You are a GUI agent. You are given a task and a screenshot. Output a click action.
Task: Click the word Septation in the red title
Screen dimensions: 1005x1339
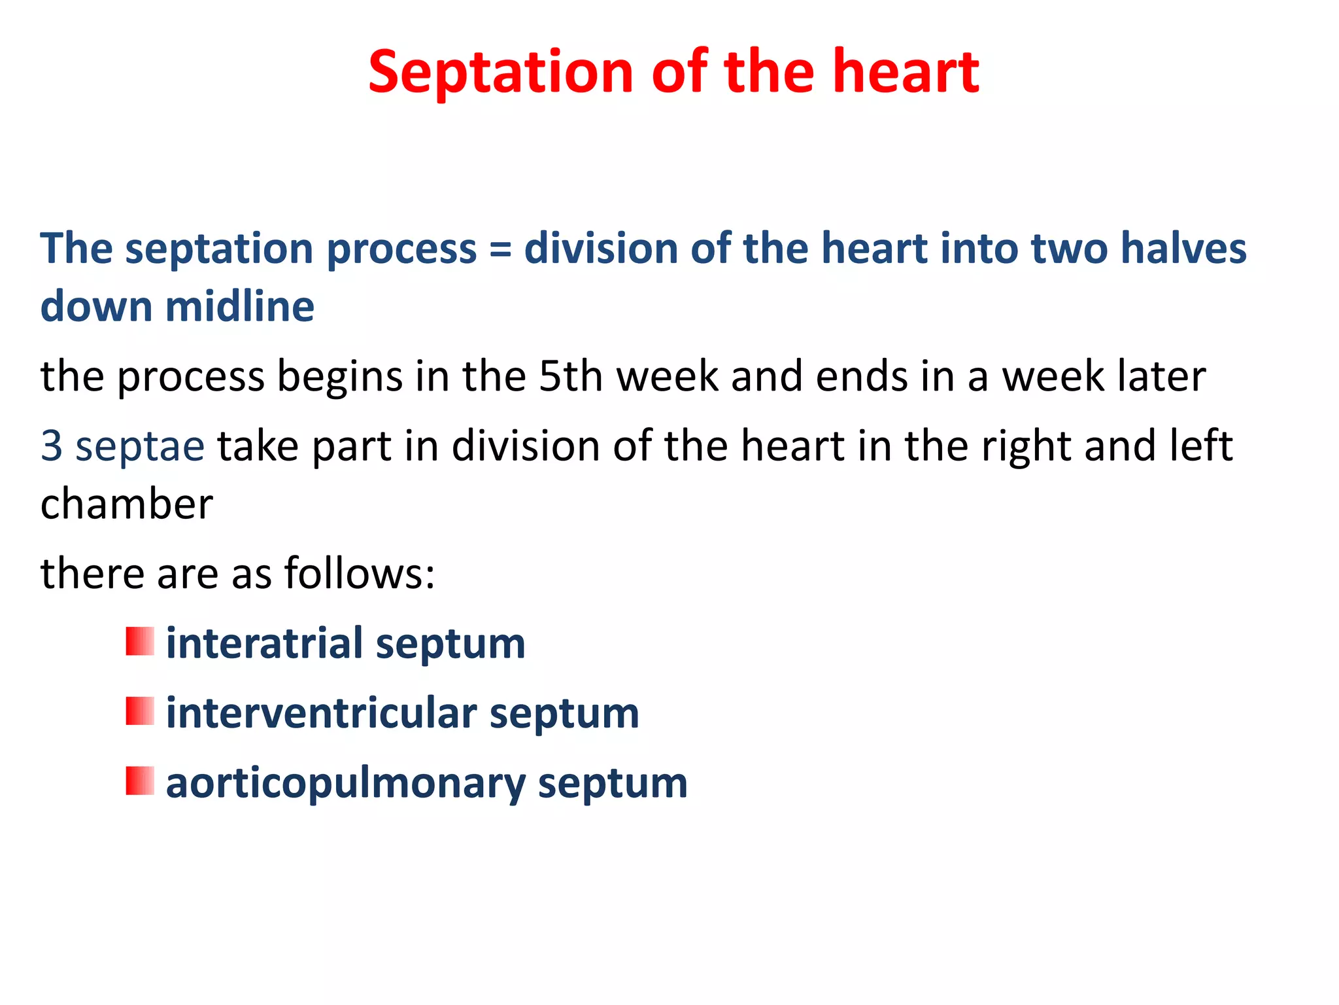[500, 73]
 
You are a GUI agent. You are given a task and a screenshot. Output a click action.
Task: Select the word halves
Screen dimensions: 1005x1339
[1183, 249]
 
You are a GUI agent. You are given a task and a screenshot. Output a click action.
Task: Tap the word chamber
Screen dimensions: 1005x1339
[127, 504]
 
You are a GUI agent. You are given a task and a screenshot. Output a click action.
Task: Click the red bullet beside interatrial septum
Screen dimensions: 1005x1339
[140, 641]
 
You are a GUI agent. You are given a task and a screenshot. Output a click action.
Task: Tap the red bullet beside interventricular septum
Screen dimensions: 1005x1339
[140, 711]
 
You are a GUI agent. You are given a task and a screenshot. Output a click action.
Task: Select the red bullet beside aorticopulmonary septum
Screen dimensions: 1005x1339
[140, 781]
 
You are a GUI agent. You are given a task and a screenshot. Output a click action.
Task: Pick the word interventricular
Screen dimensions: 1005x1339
[321, 713]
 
